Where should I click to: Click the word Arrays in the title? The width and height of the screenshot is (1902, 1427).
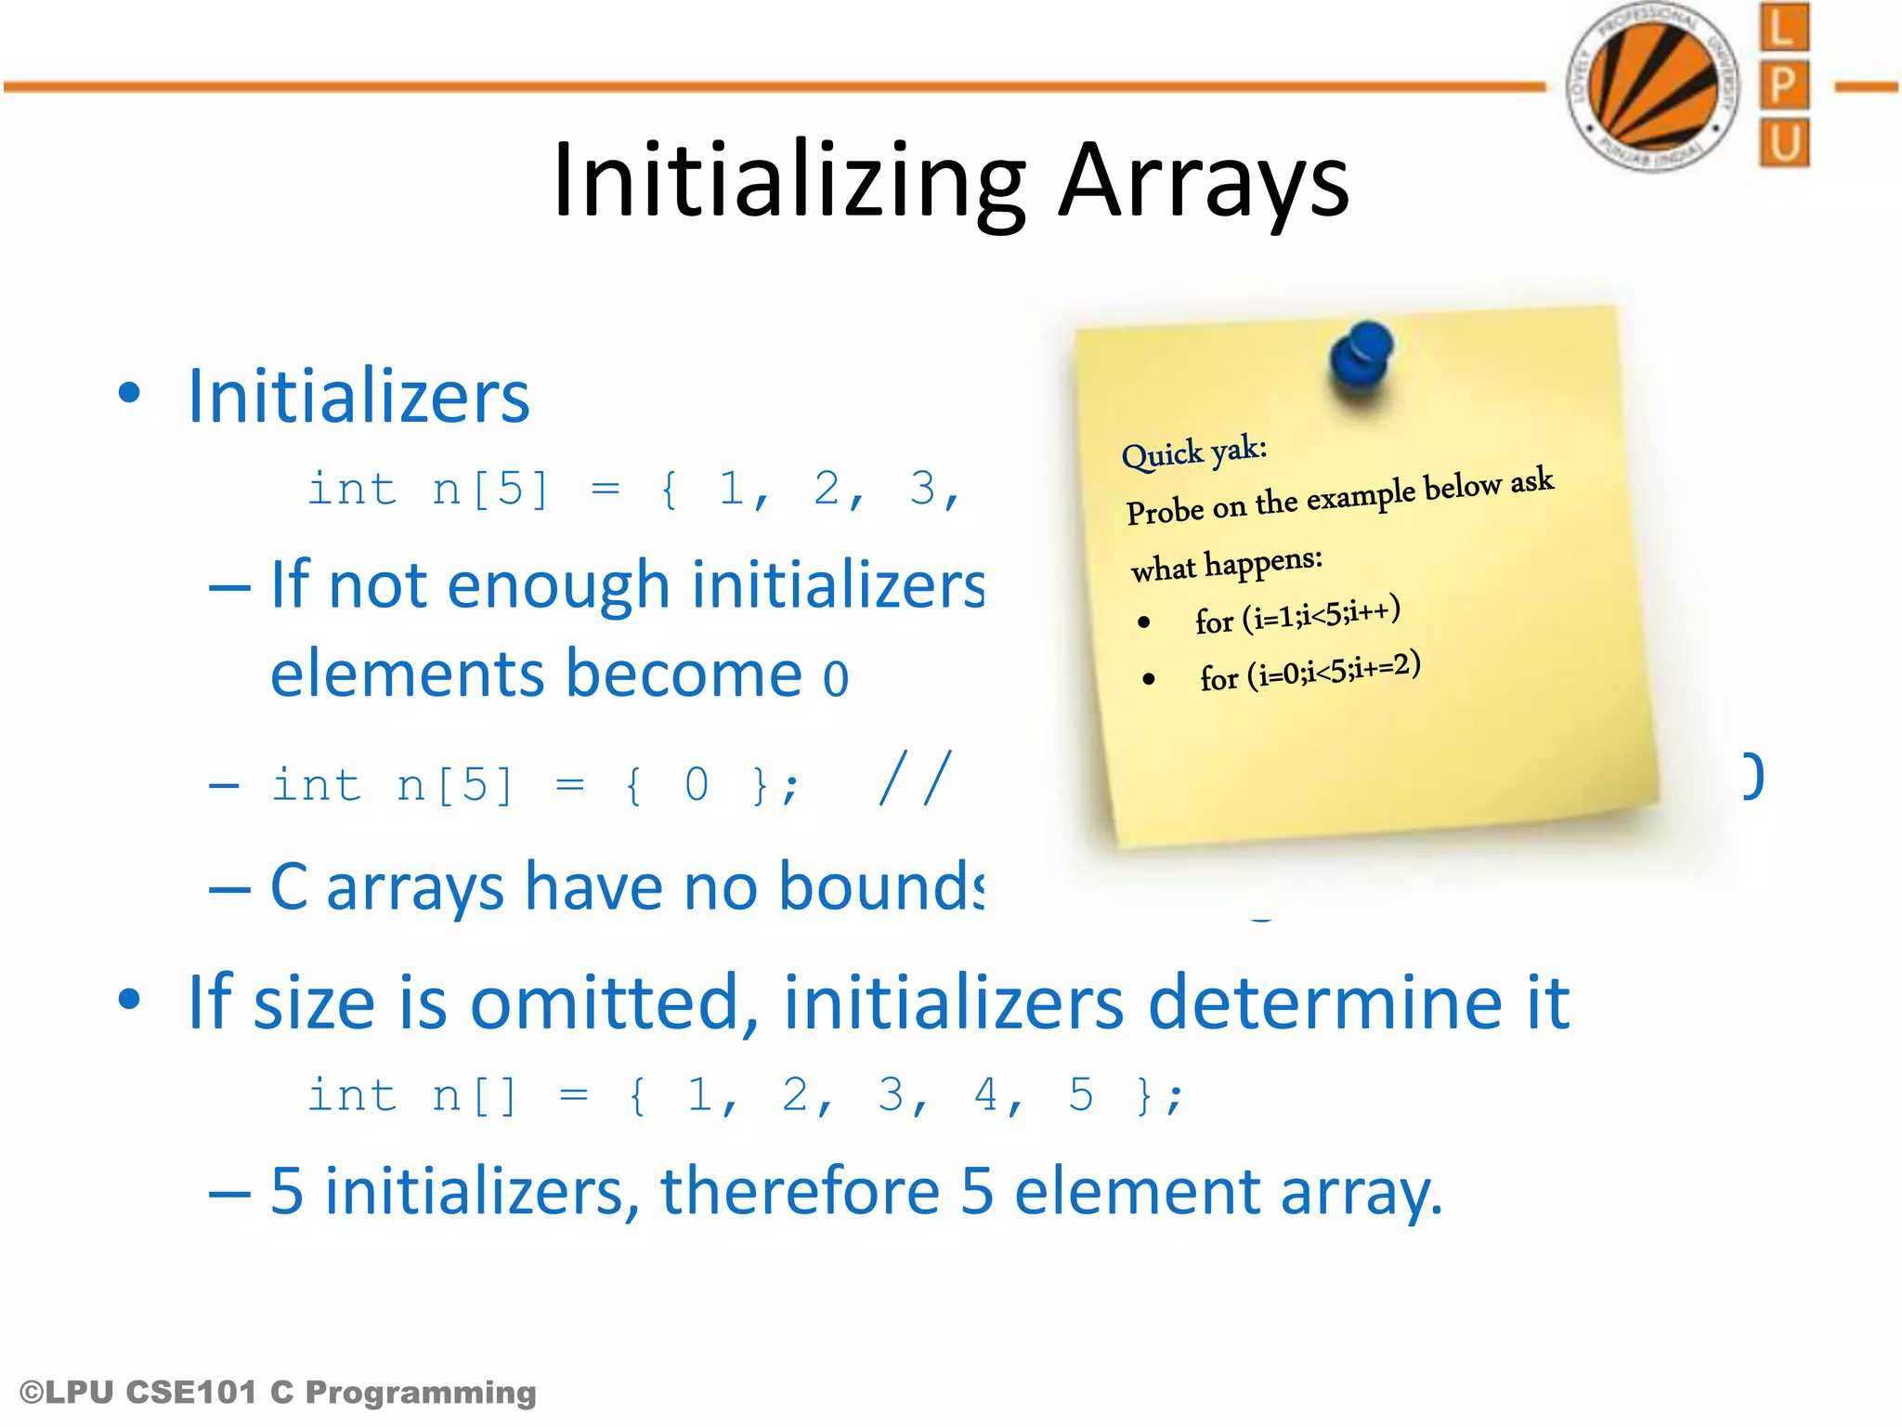[x=1204, y=181]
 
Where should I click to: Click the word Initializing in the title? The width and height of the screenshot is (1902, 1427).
[x=789, y=181]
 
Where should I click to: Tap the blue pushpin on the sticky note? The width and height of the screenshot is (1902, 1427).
[x=1361, y=359]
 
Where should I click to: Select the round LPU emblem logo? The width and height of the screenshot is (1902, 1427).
[x=1652, y=86]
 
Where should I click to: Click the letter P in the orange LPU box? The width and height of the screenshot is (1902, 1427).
[x=1783, y=85]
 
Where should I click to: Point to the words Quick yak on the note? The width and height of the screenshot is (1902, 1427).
[x=1194, y=452]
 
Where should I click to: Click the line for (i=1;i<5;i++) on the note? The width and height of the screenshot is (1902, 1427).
[x=1297, y=616]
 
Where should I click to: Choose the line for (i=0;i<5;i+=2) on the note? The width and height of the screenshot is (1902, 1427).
[x=1309, y=672]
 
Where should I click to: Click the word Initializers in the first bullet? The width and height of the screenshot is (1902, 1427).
[x=358, y=397]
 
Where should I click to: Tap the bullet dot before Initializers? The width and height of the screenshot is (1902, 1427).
[x=129, y=392]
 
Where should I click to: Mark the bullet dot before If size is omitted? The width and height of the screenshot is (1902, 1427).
[x=129, y=1000]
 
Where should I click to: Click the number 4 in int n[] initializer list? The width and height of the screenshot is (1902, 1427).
[x=985, y=1094]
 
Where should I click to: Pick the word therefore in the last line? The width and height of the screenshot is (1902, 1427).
[x=800, y=1191]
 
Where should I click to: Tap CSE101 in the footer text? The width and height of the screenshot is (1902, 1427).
[x=191, y=1392]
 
